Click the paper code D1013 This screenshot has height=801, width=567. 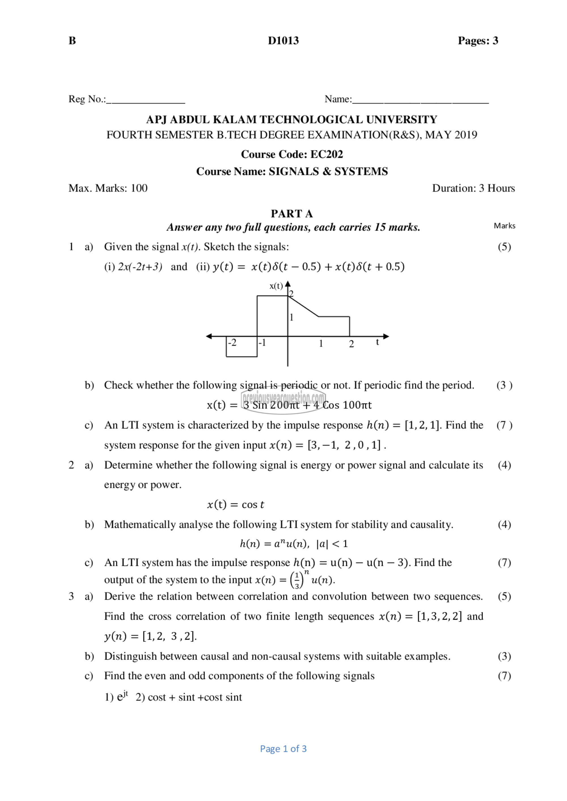click(x=283, y=41)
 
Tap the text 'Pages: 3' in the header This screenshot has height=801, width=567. click(x=478, y=41)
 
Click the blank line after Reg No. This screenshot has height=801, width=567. click(x=146, y=101)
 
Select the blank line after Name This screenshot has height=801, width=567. click(x=420, y=101)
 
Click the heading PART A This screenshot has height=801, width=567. click(x=291, y=214)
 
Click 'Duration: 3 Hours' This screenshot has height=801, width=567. click(x=473, y=188)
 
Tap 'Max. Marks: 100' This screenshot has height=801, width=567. click(x=108, y=188)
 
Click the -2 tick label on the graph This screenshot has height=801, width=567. click(x=232, y=343)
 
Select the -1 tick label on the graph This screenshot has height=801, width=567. click(x=262, y=343)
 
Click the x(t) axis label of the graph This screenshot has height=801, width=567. click(x=276, y=286)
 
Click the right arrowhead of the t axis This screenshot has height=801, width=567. click(x=386, y=336)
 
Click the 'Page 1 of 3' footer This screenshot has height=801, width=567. click(x=283, y=749)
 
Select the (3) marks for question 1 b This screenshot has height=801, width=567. click(x=504, y=385)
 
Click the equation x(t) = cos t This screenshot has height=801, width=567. click(x=236, y=504)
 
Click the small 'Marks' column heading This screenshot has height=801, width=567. click(x=504, y=226)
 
